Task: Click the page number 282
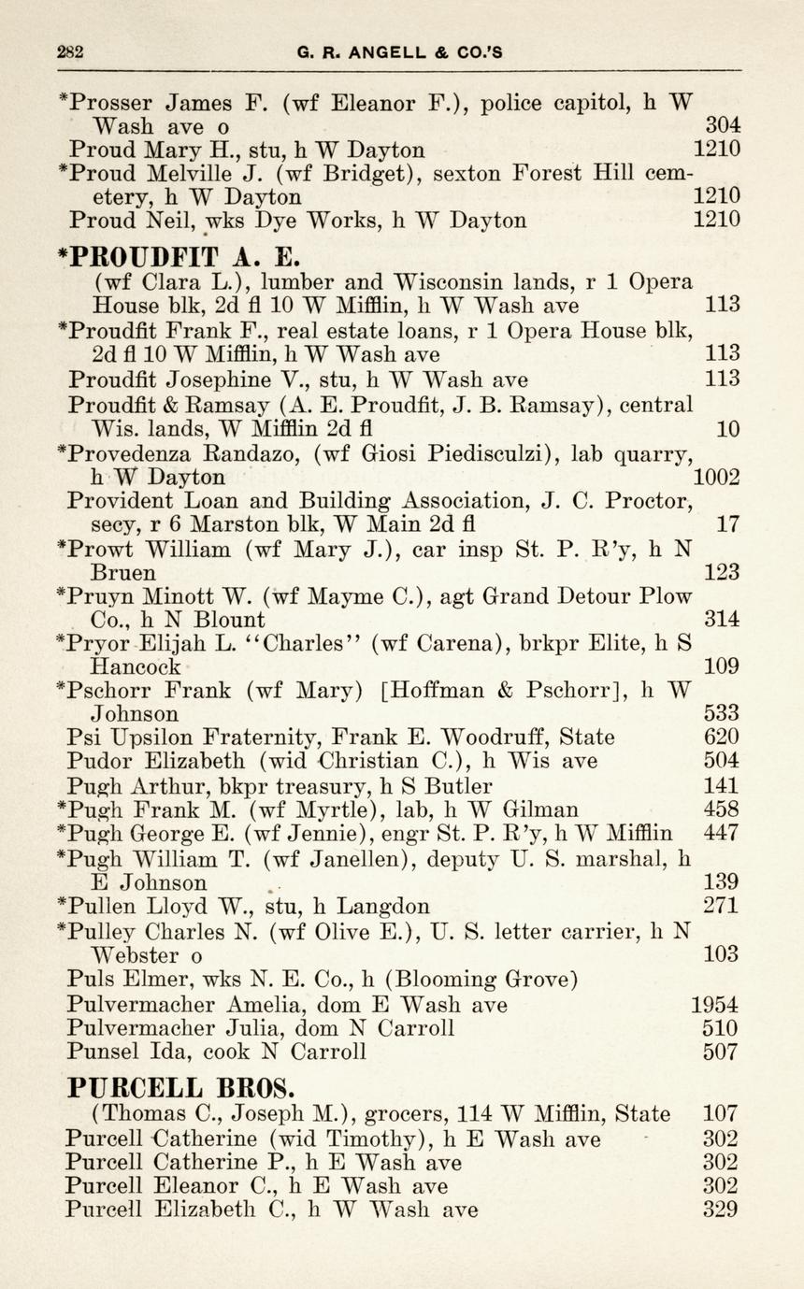[70, 52]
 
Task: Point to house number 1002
[717, 478]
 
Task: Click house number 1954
[714, 1005]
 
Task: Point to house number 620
[721, 737]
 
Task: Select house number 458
[721, 809]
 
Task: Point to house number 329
[721, 1210]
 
